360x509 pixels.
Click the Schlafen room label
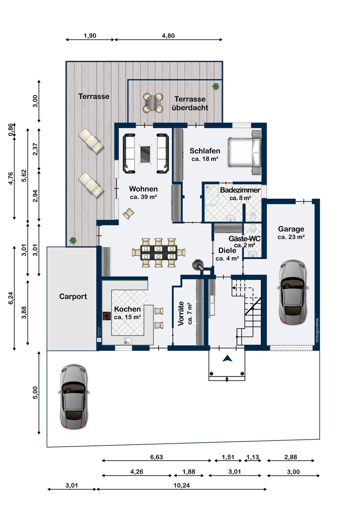coord(205,151)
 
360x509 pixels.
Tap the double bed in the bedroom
coord(244,152)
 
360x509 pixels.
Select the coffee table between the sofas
coord(145,154)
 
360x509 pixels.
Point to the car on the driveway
coord(74,397)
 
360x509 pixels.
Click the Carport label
coord(73,297)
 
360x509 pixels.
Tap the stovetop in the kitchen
coord(107,316)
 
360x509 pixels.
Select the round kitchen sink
coord(128,340)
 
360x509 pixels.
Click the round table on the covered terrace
coord(153,102)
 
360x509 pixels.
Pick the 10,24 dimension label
coord(182,486)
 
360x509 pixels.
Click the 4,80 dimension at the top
coord(168,36)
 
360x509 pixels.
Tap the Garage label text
coord(291,229)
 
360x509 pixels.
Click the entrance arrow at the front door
coord(227,358)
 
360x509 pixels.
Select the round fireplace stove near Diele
coord(197,264)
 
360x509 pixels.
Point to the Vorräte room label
coord(181,313)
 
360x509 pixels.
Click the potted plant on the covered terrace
coord(216,87)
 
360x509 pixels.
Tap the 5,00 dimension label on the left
coord(35,393)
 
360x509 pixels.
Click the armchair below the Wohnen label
coord(129,213)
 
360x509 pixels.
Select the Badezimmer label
coord(240,190)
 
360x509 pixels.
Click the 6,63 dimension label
coord(157,457)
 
